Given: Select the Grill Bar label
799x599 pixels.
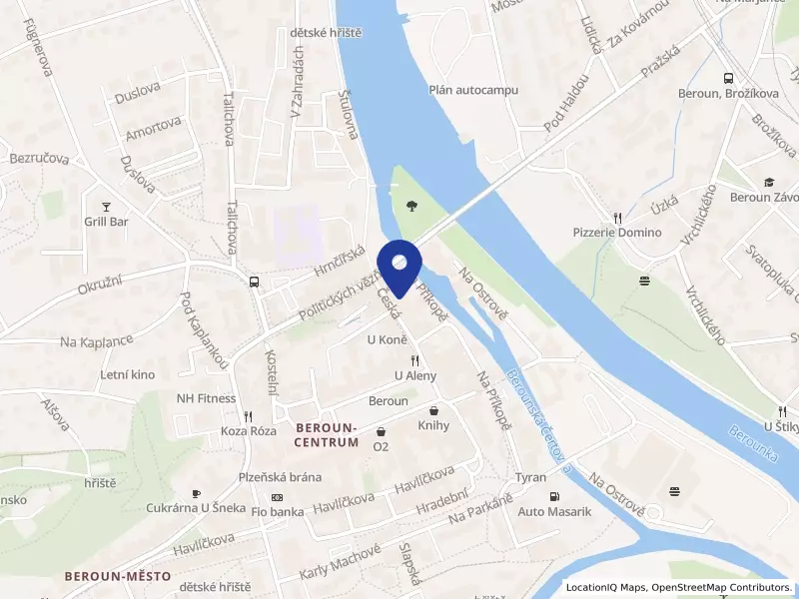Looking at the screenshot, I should [x=106, y=221].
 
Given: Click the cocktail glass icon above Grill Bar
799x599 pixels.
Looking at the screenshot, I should [x=106, y=204].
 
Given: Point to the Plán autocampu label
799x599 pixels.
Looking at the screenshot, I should [x=474, y=89].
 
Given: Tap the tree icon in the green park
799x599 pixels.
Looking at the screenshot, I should [x=411, y=207].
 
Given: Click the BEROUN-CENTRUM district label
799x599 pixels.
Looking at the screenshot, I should [x=327, y=434].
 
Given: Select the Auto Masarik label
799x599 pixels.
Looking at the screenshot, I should [x=555, y=512].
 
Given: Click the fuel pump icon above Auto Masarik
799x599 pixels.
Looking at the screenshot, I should [x=554, y=496].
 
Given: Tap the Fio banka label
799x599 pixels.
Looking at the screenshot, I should [x=278, y=513].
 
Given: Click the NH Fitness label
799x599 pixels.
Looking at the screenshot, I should [x=207, y=397].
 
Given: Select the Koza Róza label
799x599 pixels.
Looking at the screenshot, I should [x=249, y=431].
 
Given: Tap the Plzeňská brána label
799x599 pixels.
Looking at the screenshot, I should [x=280, y=477].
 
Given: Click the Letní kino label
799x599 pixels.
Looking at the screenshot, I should [x=127, y=374].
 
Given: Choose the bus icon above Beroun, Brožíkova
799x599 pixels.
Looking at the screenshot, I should [x=728, y=77].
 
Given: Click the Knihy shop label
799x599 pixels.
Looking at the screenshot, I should [x=433, y=425].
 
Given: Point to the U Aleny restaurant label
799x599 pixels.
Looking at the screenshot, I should [x=415, y=375].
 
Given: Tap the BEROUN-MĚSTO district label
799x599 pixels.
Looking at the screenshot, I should [x=118, y=576].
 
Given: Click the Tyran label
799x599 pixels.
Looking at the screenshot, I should [x=531, y=477].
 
